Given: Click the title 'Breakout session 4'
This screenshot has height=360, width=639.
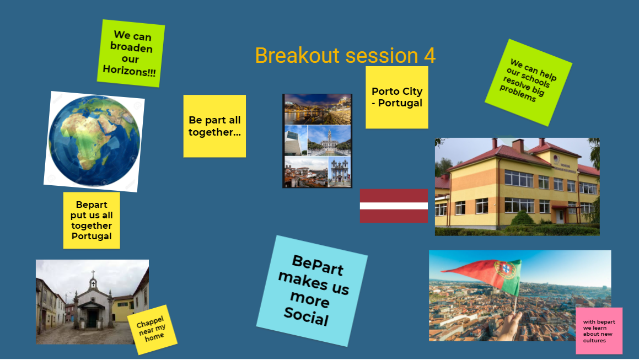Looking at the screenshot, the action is click(x=345, y=56).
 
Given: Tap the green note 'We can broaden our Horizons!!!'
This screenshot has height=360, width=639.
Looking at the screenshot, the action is click(x=131, y=53).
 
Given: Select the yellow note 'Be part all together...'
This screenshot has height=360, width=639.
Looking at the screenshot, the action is click(x=214, y=126).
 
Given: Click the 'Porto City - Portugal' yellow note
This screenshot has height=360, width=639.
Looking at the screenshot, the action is click(x=397, y=98).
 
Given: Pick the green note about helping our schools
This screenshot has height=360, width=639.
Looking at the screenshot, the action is click(x=528, y=82).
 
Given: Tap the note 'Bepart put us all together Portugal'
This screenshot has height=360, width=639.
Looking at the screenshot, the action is click(x=92, y=220).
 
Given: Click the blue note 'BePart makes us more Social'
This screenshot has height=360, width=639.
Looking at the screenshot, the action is click(x=312, y=291).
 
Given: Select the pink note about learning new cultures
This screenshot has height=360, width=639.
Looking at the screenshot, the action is click(x=599, y=331).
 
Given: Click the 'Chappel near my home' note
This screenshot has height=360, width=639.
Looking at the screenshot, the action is click(x=152, y=330).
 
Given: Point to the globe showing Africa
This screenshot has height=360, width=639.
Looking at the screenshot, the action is click(x=94, y=141).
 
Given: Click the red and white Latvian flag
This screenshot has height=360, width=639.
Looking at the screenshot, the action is click(x=394, y=206).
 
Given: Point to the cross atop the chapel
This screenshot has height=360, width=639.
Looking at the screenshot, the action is click(x=93, y=273).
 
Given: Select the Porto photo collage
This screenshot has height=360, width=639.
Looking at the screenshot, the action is click(x=318, y=141).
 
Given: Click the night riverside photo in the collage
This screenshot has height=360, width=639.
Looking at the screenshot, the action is click(x=318, y=109).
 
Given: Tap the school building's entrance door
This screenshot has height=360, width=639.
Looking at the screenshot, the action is click(x=560, y=216).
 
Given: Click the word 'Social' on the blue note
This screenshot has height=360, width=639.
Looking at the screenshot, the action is click(x=306, y=316).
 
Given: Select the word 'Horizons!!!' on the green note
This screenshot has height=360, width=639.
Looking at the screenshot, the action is click(x=129, y=71).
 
